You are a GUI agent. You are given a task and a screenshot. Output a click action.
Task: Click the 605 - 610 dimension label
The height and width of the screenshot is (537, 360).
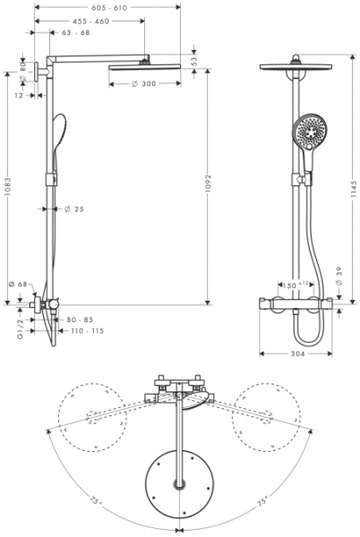coord(108,6)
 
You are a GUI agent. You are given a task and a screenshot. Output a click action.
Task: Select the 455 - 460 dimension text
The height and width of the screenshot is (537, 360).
coord(90,21)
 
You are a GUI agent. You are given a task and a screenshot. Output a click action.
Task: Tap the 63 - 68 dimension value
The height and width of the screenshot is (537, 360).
coord(75,33)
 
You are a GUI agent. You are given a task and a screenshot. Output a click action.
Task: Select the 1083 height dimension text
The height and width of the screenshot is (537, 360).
coord(7,191)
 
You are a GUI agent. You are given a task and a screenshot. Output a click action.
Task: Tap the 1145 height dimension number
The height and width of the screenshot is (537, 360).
coord(354,189)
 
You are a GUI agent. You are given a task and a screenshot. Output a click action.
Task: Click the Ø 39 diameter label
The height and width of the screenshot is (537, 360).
coord(339,280)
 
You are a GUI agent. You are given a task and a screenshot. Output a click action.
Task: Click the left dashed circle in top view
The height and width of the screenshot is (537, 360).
coord(90,416)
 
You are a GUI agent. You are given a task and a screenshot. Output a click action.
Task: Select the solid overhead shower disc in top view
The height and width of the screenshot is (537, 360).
coord(181,482)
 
